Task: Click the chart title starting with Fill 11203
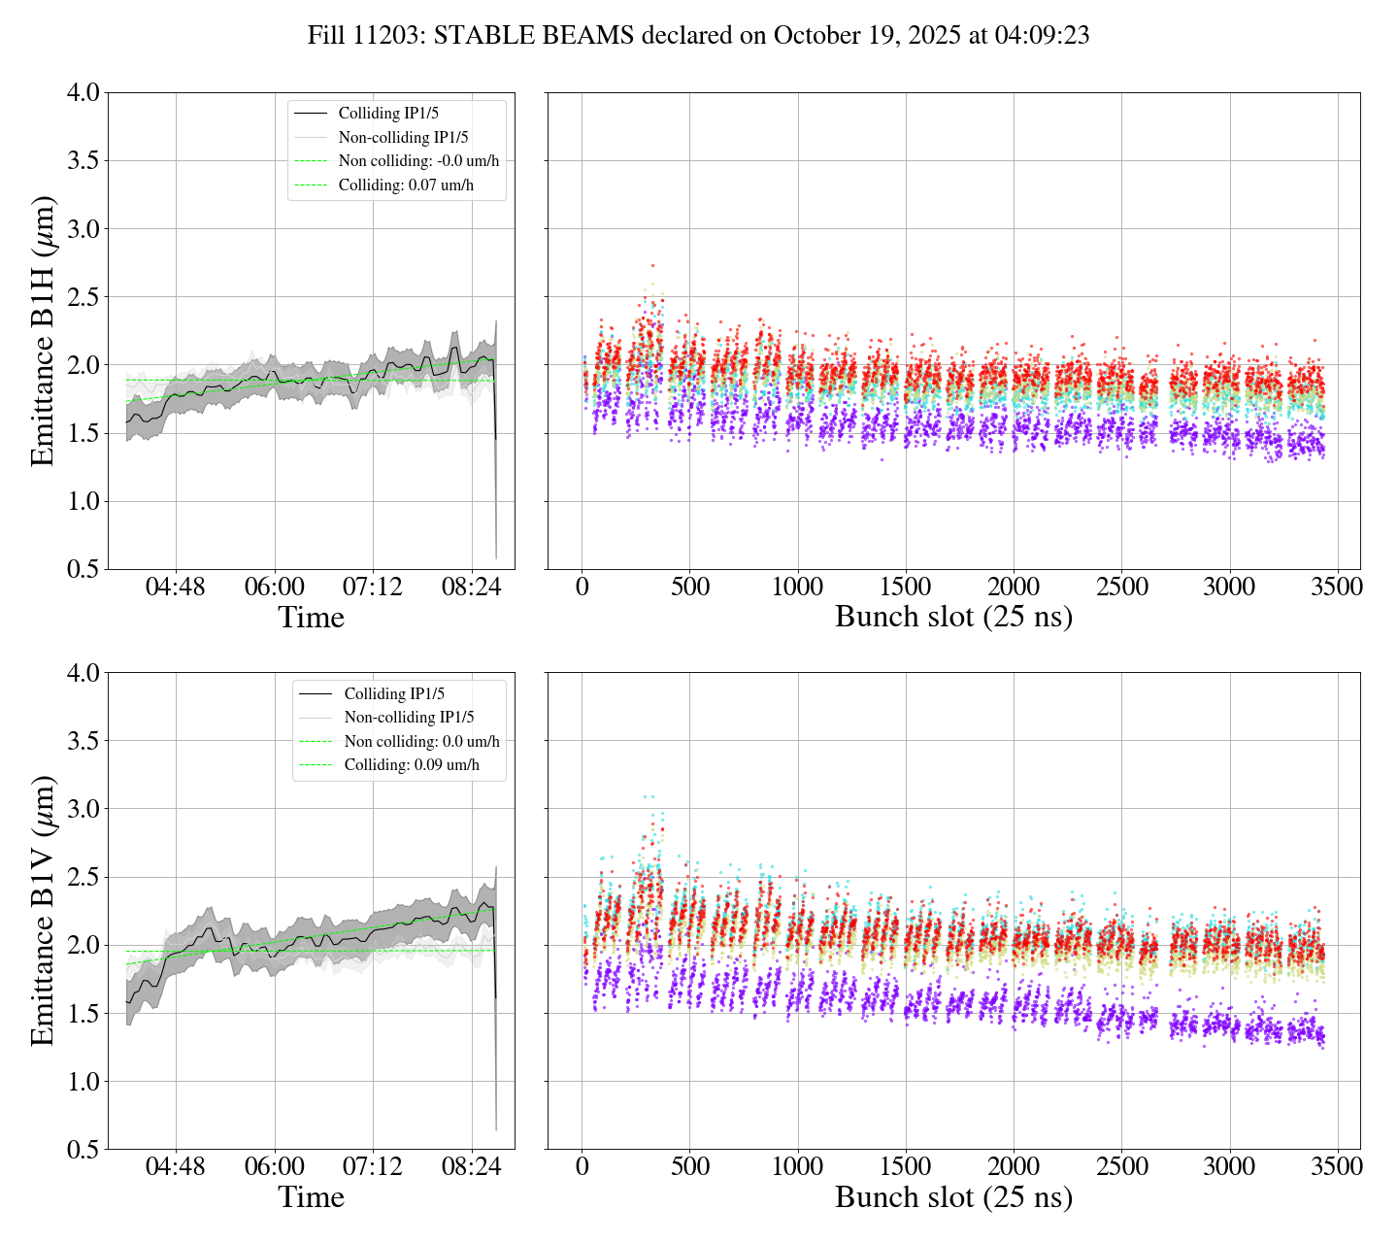698,36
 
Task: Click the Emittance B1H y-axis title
43,330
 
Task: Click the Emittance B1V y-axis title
43,911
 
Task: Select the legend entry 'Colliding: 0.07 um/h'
406,185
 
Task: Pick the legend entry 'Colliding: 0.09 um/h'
412,764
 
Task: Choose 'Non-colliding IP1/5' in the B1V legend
409,717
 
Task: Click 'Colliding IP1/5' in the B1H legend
390,114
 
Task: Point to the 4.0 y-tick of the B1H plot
83,93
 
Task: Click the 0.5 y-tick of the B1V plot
83,1150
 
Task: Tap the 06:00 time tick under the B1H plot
274,588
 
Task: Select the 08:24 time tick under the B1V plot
471,1167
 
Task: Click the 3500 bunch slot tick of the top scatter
1337,588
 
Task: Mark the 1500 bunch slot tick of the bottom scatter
905,1167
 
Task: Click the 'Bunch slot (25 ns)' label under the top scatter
953,618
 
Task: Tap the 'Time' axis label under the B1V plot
311,1197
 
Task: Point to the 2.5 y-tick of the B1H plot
83,297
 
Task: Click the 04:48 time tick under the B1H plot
176,588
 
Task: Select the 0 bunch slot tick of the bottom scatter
582,1167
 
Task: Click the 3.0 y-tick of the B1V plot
83,809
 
